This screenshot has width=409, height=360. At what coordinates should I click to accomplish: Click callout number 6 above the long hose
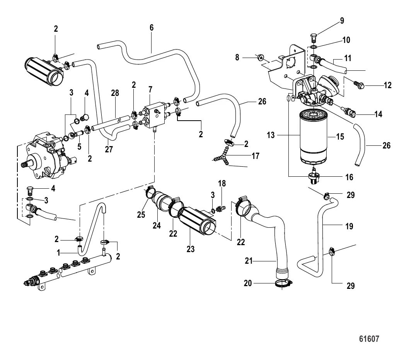152,27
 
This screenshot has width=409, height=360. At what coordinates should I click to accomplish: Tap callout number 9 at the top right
342,20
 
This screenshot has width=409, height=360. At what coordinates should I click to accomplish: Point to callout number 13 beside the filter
271,135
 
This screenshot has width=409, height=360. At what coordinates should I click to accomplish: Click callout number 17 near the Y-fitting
255,156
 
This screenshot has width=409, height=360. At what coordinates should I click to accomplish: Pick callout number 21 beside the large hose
249,261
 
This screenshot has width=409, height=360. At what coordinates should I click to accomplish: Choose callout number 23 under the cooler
191,249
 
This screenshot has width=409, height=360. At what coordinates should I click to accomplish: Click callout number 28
115,93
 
